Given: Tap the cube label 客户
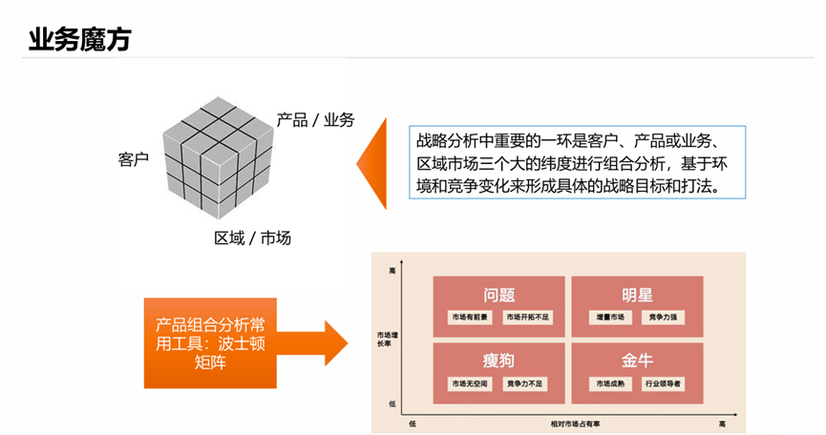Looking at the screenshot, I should click(x=134, y=159).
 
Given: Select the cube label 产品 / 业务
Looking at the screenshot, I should click(x=315, y=120).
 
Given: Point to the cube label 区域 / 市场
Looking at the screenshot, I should click(x=252, y=238).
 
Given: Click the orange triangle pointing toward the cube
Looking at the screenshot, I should click(x=373, y=163).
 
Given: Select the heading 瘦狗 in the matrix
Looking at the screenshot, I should click(x=499, y=361).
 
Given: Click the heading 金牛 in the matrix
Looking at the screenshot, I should click(x=637, y=361).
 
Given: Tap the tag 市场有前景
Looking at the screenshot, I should click(x=471, y=317).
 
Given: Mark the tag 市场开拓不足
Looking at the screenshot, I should click(x=527, y=317).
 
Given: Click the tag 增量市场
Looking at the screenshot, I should click(x=609, y=317).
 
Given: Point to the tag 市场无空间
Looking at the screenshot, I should click(x=471, y=383).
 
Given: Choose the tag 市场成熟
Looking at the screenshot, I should click(x=609, y=383).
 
